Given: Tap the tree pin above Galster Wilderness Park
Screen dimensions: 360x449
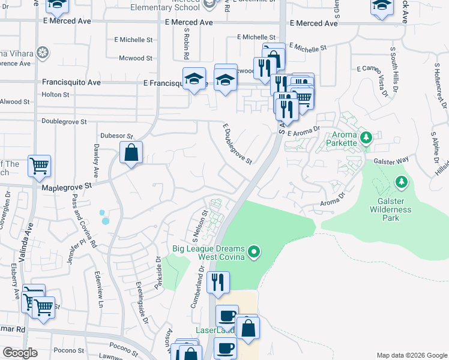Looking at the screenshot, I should [401, 181].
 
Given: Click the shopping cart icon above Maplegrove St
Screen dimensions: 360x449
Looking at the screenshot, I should [39, 166].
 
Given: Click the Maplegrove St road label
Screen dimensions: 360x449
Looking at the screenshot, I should [67, 187].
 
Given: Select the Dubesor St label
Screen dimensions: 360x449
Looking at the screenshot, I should [116, 136].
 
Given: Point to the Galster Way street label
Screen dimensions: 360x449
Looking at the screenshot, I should [390, 160].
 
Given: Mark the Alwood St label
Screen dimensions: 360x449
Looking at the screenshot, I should [15, 102].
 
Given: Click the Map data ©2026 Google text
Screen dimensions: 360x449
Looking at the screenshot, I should [411, 355].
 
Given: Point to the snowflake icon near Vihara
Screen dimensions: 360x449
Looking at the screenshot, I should [42, 53].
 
